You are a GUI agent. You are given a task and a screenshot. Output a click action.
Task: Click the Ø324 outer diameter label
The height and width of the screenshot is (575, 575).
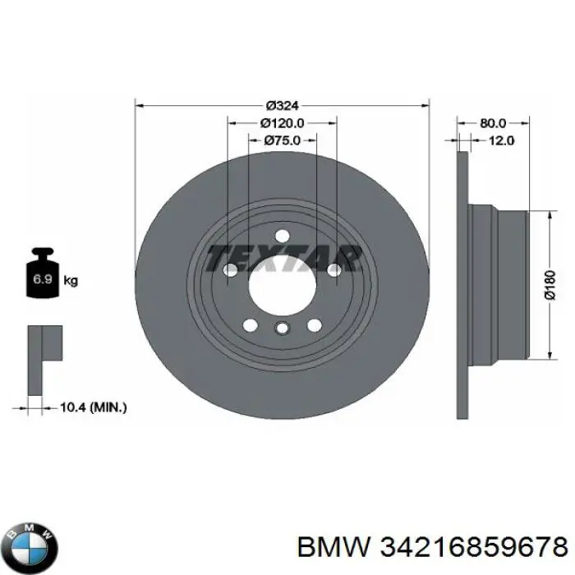282,105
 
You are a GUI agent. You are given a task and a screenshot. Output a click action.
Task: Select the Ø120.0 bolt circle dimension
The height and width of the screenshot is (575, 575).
282,122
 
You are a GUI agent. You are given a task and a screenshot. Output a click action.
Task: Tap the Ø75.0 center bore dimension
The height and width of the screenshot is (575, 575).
282,140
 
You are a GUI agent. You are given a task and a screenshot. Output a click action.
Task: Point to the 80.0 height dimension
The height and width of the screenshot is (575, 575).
492,122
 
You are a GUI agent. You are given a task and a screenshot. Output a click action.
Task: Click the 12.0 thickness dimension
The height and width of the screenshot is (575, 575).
501,140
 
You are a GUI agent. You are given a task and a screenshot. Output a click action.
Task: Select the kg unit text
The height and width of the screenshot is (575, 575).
71,281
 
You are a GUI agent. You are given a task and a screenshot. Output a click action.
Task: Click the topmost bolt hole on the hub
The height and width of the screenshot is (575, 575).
282,236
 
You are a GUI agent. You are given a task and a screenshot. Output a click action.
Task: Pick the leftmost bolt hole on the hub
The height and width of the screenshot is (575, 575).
231,269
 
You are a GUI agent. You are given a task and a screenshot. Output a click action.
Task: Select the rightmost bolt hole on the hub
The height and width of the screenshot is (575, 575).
333,269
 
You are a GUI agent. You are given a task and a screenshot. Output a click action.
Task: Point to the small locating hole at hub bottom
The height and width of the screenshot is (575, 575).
282,330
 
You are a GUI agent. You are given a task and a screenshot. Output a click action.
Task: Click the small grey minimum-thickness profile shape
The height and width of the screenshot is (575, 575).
41,345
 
